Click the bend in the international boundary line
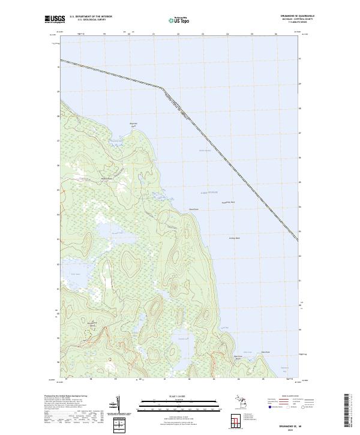[161, 88]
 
